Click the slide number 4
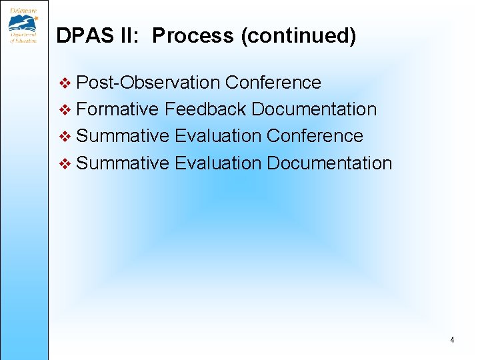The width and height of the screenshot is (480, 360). coord(452,340)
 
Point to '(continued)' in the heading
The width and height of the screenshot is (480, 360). coord(299,36)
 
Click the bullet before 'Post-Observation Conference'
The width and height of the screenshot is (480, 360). coord(65,83)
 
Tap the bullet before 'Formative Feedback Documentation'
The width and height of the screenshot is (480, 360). coord(65,110)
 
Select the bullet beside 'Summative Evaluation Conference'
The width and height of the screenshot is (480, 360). coord(65,137)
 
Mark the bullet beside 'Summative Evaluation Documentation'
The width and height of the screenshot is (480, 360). coord(65,163)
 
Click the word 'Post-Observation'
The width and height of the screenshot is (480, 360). coord(148,83)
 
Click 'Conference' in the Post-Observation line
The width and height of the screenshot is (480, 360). coord(273,83)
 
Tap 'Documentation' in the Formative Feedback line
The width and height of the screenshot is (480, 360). coord(314,109)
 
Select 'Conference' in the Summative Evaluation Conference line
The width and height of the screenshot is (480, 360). coord(315,136)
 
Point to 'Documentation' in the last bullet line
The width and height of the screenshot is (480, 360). coord(329,163)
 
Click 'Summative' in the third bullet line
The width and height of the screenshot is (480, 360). coord(123,136)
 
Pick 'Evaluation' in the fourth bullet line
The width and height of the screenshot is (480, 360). coord(218,163)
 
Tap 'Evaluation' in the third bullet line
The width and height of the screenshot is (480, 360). coord(218,136)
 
